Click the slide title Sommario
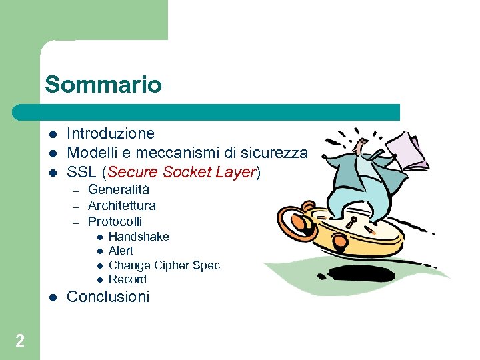103,85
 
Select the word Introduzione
111,133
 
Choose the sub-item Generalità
119,190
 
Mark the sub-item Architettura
122,205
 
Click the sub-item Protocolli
115,221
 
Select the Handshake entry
139,237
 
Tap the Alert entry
121,251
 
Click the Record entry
127,279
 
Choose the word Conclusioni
108,297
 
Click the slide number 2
20,341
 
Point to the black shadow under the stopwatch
363,273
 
